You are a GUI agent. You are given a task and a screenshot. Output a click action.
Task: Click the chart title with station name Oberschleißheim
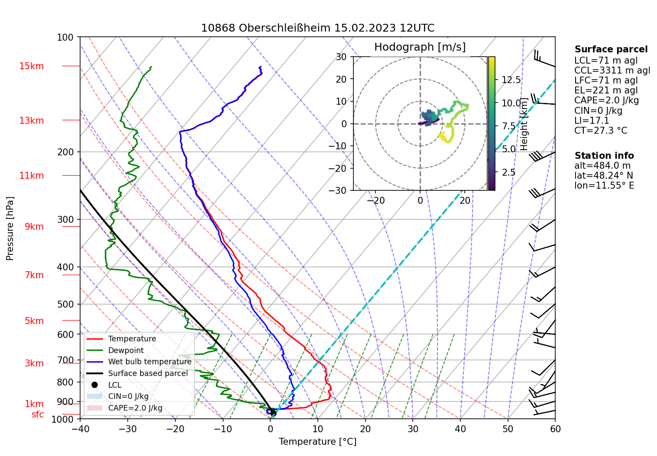click(x=317, y=28)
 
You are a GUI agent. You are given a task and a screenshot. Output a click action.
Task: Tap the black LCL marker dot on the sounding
click(x=273, y=413)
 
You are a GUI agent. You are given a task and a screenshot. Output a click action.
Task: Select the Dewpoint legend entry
click(x=126, y=350)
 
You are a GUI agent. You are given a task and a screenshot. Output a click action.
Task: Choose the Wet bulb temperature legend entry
click(x=149, y=362)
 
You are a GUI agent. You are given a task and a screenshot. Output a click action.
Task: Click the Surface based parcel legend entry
click(x=148, y=373)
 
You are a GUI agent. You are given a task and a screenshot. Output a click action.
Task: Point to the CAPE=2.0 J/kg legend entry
click(x=135, y=408)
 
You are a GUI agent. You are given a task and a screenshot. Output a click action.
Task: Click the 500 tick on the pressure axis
click(x=66, y=304)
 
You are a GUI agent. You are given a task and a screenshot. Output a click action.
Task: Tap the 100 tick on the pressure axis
click(x=66, y=37)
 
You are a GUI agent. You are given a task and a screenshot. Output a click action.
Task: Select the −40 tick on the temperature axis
click(x=80, y=429)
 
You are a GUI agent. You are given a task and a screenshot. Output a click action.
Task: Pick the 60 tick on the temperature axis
click(x=555, y=429)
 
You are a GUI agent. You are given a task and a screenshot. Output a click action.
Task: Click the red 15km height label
click(x=31, y=66)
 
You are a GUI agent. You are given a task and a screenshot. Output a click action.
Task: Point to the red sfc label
click(x=38, y=414)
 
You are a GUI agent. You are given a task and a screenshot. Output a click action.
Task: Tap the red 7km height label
click(x=34, y=275)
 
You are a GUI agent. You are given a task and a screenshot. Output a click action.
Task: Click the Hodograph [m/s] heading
click(x=420, y=47)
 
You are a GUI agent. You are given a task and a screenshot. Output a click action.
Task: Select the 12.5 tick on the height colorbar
click(x=511, y=80)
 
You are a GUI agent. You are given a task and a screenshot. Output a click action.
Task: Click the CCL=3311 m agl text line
click(x=612, y=71)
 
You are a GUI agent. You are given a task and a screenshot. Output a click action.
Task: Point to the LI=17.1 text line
click(x=592, y=121)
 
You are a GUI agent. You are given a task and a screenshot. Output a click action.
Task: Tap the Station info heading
click(x=604, y=156)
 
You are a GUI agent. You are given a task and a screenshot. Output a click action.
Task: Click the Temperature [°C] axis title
click(x=317, y=442)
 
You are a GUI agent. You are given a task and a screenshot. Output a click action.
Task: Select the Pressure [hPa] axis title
click(x=10, y=228)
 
